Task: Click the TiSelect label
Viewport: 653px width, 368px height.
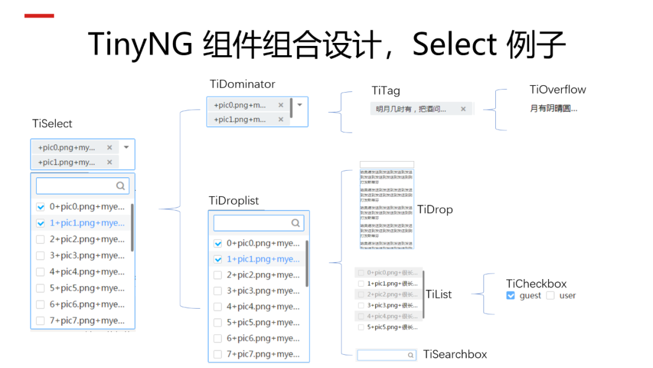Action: point(52,124)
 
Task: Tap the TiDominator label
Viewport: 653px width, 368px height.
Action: point(242,84)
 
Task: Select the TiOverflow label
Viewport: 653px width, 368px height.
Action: point(557,90)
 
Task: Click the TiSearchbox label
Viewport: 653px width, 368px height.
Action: point(455,354)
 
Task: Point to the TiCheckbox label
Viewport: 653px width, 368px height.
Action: point(536,283)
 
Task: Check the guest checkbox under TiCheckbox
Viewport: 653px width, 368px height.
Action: point(511,295)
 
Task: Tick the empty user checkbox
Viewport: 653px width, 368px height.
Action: point(550,295)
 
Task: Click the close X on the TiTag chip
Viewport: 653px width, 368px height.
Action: point(463,109)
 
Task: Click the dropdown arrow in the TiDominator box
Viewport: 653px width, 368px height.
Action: point(299,104)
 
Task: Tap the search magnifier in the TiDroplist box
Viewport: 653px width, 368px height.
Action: point(295,223)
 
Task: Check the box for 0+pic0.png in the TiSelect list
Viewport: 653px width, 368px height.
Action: point(41,207)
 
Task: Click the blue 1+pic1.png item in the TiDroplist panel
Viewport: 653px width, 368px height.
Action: point(263,259)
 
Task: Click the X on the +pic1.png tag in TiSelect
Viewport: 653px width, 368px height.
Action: point(109,162)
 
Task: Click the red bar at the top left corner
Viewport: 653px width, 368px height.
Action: point(39,16)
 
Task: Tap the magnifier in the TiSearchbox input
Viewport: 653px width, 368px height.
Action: point(411,355)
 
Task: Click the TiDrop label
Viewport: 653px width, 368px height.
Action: point(435,209)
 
